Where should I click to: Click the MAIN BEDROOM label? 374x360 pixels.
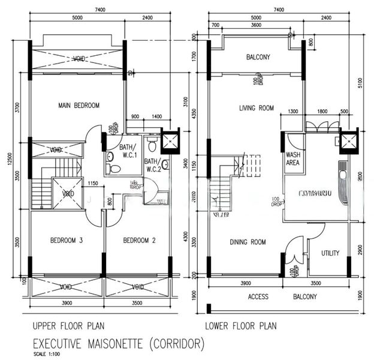point(79,106)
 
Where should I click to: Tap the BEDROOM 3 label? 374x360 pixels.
point(66,241)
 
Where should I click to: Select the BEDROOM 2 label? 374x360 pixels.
point(139,241)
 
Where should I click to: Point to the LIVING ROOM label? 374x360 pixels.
point(256,109)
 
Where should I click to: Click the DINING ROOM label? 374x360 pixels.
point(248,242)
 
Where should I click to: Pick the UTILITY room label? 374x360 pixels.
point(330,253)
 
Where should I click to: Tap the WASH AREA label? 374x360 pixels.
point(293,158)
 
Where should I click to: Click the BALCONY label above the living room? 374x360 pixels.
point(258,58)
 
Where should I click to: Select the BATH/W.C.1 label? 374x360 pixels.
point(127,151)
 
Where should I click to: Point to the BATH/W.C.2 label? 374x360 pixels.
point(153,165)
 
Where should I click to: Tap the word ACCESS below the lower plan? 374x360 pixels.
point(258,297)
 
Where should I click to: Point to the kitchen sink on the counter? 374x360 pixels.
point(344,176)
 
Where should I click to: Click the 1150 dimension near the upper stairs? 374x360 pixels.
point(93,183)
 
